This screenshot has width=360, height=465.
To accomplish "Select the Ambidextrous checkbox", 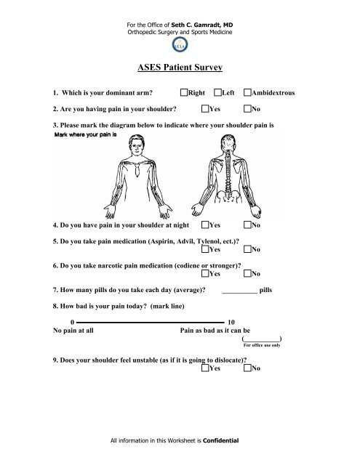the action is (x=248, y=94).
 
